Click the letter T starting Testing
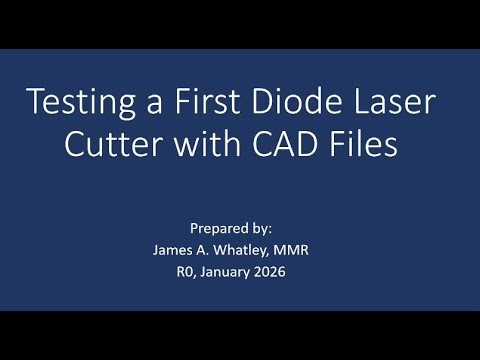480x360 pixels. pyautogui.click(x=36, y=103)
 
